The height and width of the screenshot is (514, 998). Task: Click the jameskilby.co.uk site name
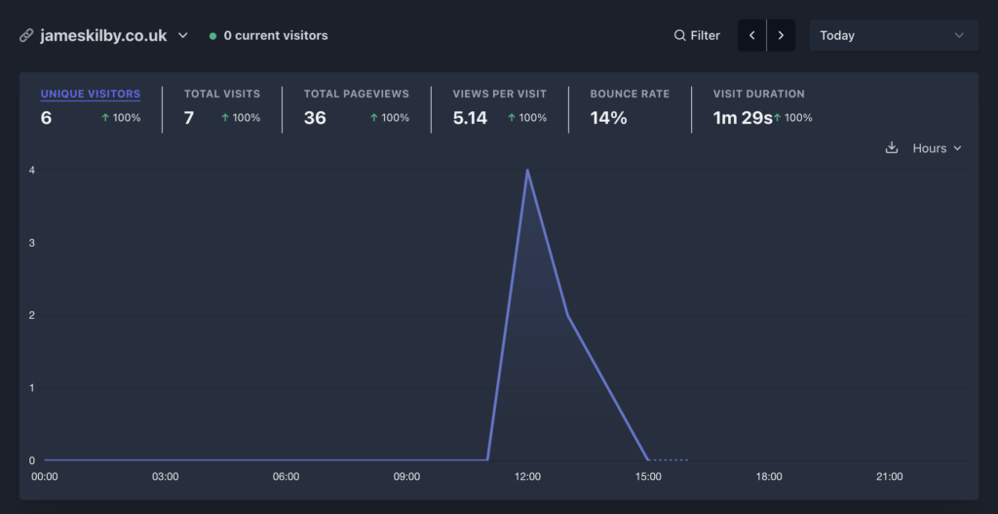pyautogui.click(x=103, y=35)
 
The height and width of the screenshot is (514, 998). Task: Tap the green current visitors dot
pyautogui.click(x=212, y=36)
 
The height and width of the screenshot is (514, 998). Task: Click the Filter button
pyautogui.click(x=697, y=35)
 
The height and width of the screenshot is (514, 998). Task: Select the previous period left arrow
pyautogui.click(x=751, y=35)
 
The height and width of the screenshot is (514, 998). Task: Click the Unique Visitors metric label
pyautogui.click(x=91, y=95)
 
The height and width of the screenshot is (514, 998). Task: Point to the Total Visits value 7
pyautogui.click(x=189, y=118)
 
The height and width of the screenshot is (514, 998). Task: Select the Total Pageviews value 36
pyautogui.click(x=315, y=118)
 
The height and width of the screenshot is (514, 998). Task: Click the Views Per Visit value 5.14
pyautogui.click(x=470, y=118)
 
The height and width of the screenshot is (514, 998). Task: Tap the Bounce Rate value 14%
pyautogui.click(x=608, y=118)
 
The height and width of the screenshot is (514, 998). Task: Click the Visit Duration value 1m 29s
pyautogui.click(x=742, y=118)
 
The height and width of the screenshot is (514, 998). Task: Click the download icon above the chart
pyautogui.click(x=891, y=148)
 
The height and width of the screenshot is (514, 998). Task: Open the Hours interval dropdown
pyautogui.click(x=937, y=148)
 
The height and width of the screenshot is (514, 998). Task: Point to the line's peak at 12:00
pyautogui.click(x=527, y=170)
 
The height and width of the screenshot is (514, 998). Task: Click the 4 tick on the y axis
pyautogui.click(x=32, y=170)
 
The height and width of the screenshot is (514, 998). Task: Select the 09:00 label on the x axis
pyautogui.click(x=406, y=477)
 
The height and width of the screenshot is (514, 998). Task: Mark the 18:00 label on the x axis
pyautogui.click(x=769, y=477)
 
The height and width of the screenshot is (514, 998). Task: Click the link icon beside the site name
pyautogui.click(x=26, y=36)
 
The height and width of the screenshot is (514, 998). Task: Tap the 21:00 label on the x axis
pyautogui.click(x=890, y=477)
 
